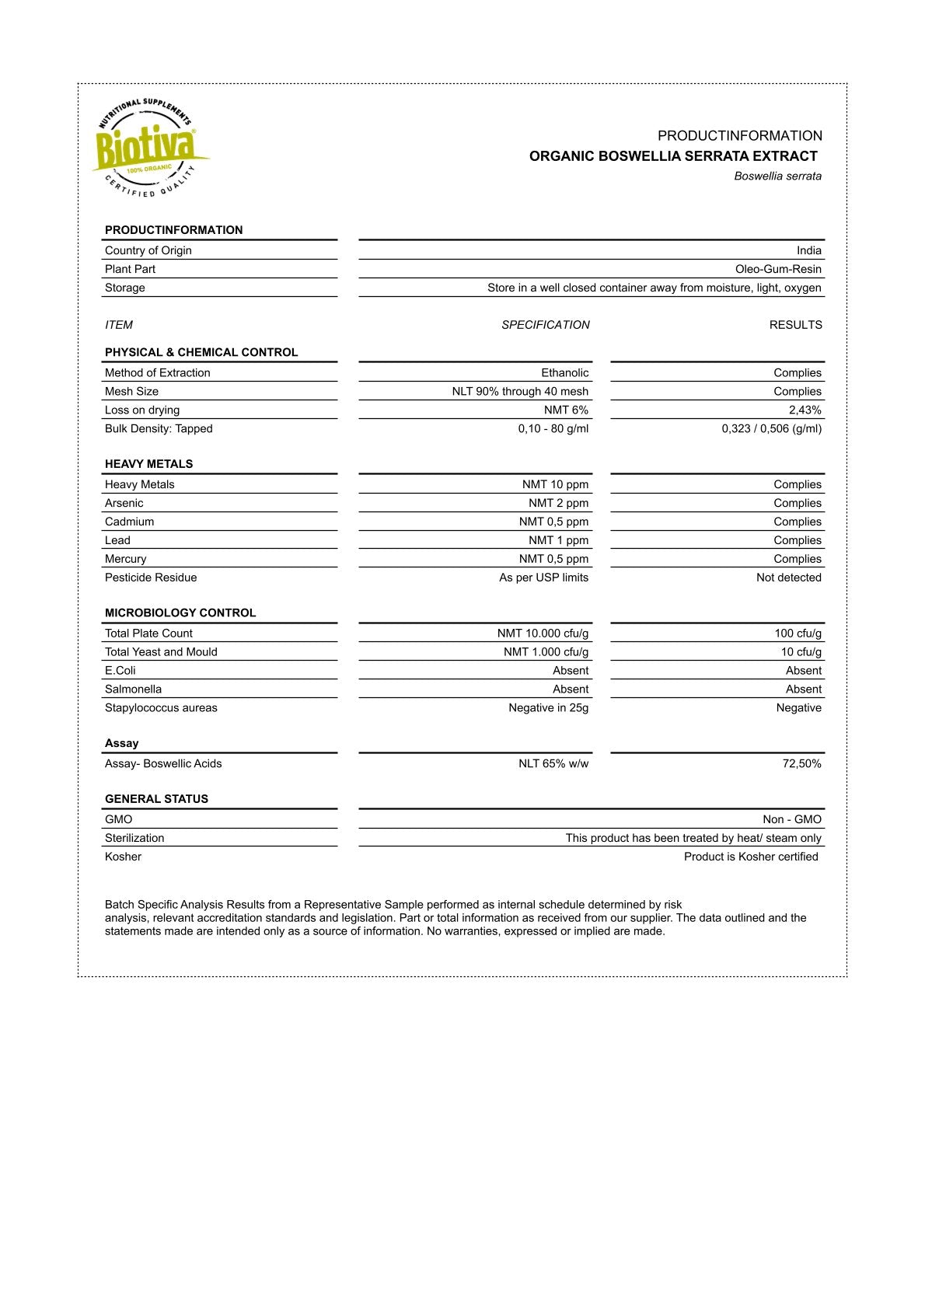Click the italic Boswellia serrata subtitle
tap(777, 176)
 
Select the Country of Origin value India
tap(808, 250)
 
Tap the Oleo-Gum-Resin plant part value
tap(778, 269)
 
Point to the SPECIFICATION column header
tap(545, 325)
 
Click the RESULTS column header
tap(795, 325)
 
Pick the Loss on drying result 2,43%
tap(805, 410)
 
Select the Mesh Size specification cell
tap(520, 392)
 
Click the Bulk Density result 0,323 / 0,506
tap(771, 429)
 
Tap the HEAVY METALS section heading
tap(148, 464)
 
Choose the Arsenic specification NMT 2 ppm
tap(558, 504)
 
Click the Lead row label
tap(117, 541)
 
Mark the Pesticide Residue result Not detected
tap(788, 578)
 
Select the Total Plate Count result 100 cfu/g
tap(798, 634)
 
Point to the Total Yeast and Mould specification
tap(546, 652)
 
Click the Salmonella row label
tap(133, 689)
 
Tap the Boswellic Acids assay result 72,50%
tap(801, 764)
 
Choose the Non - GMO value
tap(791, 820)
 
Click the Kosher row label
tap(123, 857)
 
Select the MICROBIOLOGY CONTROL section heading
tap(180, 613)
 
